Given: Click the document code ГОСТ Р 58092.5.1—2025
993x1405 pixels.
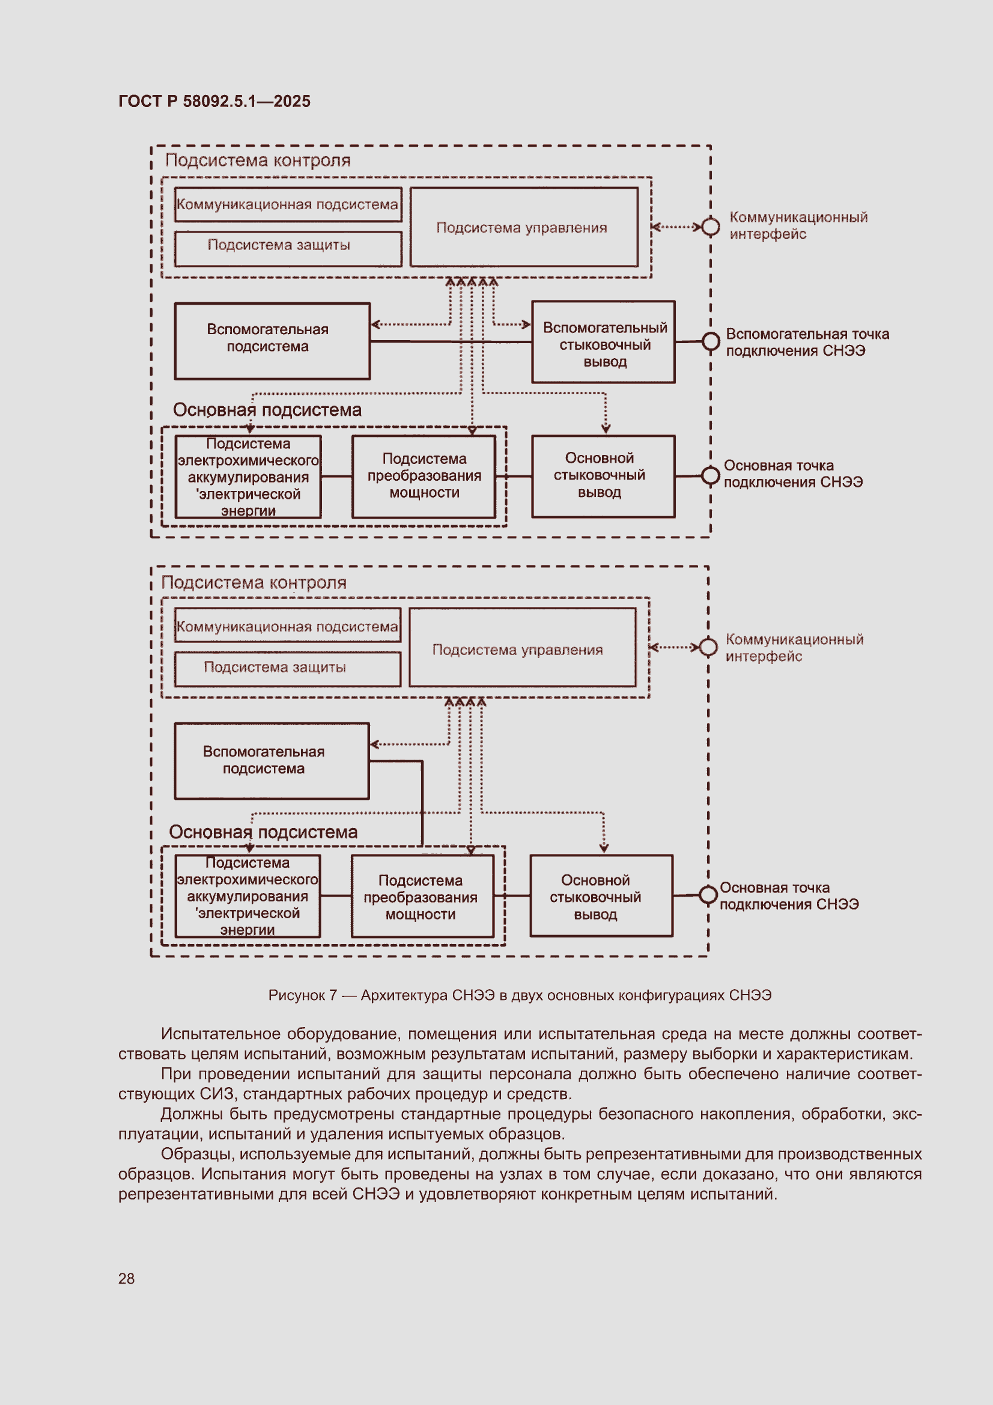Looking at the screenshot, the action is (x=214, y=101).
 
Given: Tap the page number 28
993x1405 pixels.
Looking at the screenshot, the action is (x=126, y=1278).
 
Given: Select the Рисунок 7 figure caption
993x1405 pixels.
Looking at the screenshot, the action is (x=520, y=995).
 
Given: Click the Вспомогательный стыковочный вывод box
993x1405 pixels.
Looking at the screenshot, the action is (x=603, y=342).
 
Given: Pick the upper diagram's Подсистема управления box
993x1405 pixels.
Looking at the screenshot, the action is (x=524, y=227).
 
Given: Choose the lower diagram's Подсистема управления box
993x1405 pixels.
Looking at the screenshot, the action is (x=522, y=647).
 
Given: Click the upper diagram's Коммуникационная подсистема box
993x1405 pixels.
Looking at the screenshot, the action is (x=288, y=204).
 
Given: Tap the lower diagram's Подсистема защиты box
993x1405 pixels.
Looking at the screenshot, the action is (x=288, y=669).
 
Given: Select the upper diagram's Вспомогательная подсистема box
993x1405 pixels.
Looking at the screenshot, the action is (x=272, y=341).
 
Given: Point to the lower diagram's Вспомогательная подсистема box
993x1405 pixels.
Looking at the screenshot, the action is (x=272, y=761).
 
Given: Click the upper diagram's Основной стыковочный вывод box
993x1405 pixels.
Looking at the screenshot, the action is (x=603, y=476).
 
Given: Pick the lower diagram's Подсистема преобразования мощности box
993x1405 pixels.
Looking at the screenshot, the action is (x=422, y=896).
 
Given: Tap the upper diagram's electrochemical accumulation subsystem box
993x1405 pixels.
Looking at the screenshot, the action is (x=247, y=477).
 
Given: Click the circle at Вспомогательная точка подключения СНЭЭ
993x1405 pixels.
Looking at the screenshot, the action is (x=710, y=341).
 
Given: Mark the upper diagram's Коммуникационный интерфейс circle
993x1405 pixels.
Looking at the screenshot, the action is (x=710, y=227).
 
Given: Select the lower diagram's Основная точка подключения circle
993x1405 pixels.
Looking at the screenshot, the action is (x=708, y=895).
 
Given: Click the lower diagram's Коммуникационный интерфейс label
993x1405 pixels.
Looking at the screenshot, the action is (x=794, y=647).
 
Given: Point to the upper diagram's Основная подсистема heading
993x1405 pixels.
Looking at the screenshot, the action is (x=267, y=409).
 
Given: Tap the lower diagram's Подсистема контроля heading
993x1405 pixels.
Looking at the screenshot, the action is (x=254, y=582).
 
